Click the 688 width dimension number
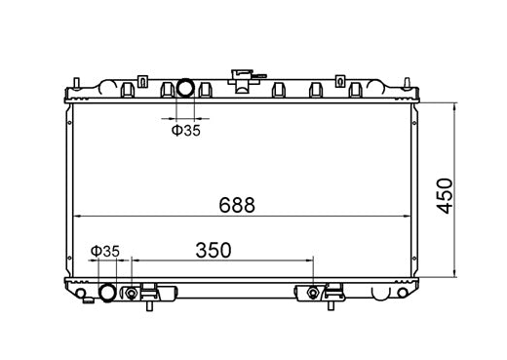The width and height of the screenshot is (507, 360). [x=237, y=205]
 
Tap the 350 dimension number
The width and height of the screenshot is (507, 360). [x=214, y=250]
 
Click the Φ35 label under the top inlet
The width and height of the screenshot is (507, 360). [x=185, y=130]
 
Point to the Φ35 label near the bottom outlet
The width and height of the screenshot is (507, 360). [x=104, y=251]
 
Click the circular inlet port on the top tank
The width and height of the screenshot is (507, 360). [x=185, y=89]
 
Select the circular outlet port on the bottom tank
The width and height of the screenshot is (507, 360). [x=106, y=293]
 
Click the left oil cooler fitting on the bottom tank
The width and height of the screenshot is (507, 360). [x=131, y=293]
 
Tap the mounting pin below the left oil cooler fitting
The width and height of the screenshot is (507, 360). [x=149, y=306]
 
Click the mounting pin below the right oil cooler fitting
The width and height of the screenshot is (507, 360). [x=331, y=306]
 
